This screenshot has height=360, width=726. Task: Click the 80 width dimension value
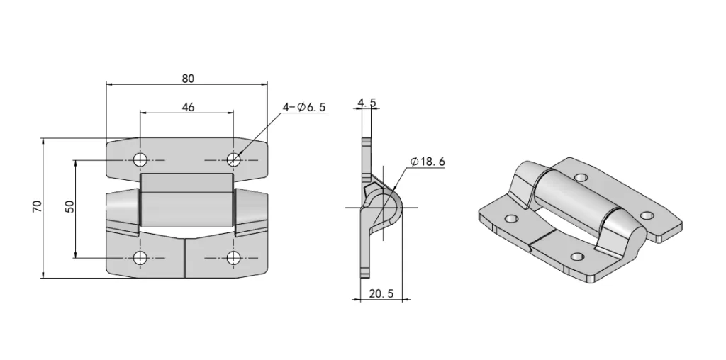[x=187, y=78]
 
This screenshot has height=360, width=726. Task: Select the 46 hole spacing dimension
[x=187, y=107]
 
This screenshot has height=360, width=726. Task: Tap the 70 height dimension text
[x=37, y=206]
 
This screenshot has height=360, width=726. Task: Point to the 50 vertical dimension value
[x=69, y=206]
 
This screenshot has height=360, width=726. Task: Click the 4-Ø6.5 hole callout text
[x=303, y=107]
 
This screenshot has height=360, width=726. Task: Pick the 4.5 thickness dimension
[x=367, y=103]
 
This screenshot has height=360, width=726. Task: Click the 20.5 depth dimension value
[x=381, y=293]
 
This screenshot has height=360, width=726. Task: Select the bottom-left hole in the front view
[x=140, y=257]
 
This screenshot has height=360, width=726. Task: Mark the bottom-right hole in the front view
[x=234, y=257]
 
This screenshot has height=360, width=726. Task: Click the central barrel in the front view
[x=186, y=201]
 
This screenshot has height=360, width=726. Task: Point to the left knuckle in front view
[x=122, y=210]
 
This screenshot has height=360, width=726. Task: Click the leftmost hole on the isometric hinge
[x=510, y=219]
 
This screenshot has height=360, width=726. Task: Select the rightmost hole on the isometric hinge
[x=646, y=215]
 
